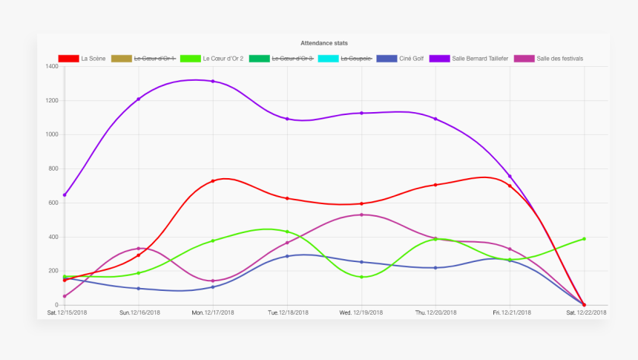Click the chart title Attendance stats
pyautogui.click(x=324, y=43)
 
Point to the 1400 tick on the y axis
pyautogui.click(x=51, y=67)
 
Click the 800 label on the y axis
pyautogui.click(x=52, y=168)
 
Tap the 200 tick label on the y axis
pyautogui.click(x=52, y=271)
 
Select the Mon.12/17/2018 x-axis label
pyautogui.click(x=213, y=312)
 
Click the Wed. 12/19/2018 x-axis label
pyautogui.click(x=361, y=312)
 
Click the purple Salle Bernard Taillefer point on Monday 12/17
pyautogui.click(x=213, y=81)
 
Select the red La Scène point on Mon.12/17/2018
pyautogui.click(x=213, y=181)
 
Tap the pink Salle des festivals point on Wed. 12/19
pyautogui.click(x=361, y=215)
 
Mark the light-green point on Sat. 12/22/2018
pyautogui.click(x=584, y=239)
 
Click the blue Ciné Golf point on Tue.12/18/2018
pyautogui.click(x=287, y=256)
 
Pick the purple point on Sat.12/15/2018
pyautogui.click(x=65, y=194)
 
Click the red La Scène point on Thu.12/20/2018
pyautogui.click(x=435, y=185)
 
